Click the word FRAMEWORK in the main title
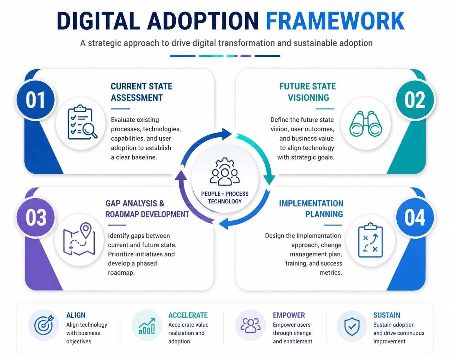[x=335, y=21]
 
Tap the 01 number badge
[x=36, y=100]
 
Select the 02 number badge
[x=415, y=100]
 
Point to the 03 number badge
[x=36, y=218]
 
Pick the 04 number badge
[x=415, y=218]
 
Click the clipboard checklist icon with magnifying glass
[x=82, y=122]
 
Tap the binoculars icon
[x=366, y=124]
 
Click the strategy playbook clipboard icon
[x=370, y=240]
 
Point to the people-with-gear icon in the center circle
[x=225, y=172]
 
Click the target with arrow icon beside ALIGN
[x=44, y=325]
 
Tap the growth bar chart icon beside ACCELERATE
[x=147, y=326]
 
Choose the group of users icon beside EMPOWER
[x=250, y=325]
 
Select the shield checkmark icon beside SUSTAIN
[x=352, y=326]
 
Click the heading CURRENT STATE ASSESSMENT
[x=142, y=92]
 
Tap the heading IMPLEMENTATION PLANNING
[x=311, y=209]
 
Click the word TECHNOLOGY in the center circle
[x=225, y=201]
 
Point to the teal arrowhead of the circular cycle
[x=269, y=179]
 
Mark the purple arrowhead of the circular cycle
[x=181, y=175]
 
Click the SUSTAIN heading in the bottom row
[x=387, y=315]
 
